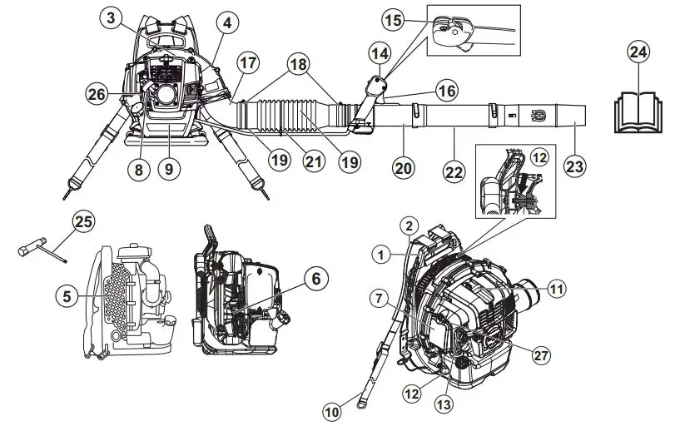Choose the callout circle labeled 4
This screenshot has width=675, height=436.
pos(224,22)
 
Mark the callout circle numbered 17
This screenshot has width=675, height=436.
pos(247,62)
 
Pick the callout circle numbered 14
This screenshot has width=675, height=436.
pos(380,56)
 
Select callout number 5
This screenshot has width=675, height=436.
pos(68,294)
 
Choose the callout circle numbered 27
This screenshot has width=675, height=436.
pos(542,355)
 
